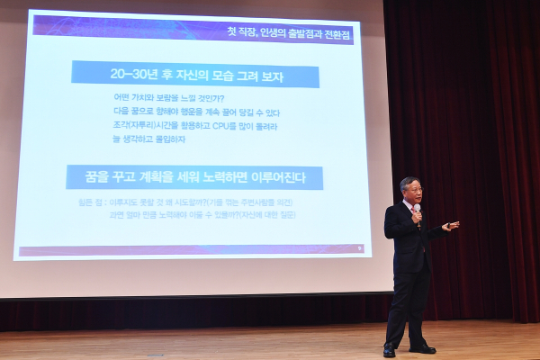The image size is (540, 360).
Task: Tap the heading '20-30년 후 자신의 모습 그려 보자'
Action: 194,74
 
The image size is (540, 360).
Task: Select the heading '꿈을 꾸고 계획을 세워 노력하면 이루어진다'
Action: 193,177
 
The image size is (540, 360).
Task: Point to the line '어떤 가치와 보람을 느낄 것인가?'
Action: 168,98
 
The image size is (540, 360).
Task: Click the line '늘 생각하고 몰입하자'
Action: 148,140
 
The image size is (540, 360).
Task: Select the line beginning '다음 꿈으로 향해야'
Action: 196,112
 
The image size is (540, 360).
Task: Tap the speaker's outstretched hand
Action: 452,226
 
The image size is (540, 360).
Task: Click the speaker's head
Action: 409,191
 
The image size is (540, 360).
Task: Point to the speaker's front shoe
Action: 422,348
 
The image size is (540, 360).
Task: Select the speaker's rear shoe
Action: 389,351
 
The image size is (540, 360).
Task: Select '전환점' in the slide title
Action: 336,35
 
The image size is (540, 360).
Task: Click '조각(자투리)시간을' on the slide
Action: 148,127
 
